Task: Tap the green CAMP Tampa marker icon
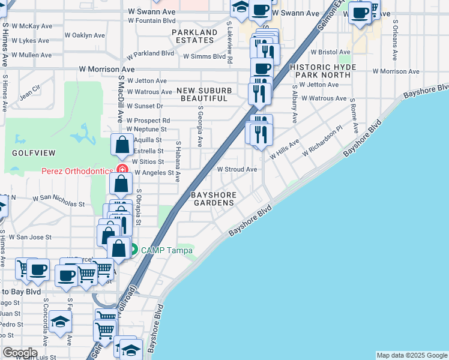pos(133,250)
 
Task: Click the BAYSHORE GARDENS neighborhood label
pos(212,199)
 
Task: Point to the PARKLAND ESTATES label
pos(194,36)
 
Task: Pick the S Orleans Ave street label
pos(395,40)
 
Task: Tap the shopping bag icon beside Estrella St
pos(122,144)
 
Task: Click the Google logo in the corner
pos(20,353)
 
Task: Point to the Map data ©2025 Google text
pos(412,355)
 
